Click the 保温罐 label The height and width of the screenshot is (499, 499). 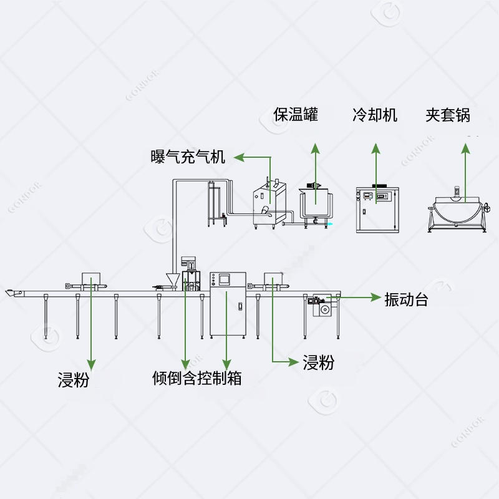click(x=296, y=115)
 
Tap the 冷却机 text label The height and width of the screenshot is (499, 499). click(x=374, y=115)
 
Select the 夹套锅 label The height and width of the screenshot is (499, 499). click(x=448, y=115)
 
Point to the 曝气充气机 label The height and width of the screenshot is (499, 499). click(x=188, y=157)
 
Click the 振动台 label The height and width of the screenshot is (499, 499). click(x=406, y=299)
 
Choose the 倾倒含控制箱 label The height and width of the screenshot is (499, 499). click(x=197, y=378)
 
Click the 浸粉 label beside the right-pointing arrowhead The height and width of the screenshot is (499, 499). click(x=318, y=362)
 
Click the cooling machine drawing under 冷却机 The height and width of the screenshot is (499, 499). click(x=376, y=209)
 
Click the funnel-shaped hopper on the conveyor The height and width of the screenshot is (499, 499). click(x=172, y=279)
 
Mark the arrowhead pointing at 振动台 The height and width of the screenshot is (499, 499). click(x=377, y=298)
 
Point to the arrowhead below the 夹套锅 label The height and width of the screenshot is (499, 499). click(x=465, y=148)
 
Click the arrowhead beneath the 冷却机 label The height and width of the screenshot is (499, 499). click(x=375, y=148)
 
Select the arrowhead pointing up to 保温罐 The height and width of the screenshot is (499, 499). click(x=316, y=148)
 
